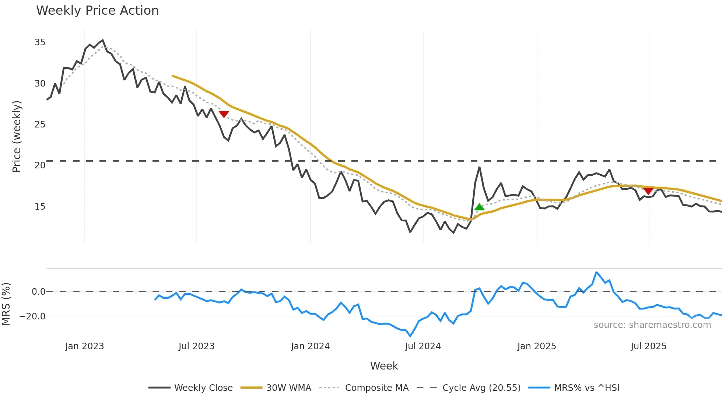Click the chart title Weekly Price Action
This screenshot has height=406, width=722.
97,11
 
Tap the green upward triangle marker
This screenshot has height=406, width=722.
479,207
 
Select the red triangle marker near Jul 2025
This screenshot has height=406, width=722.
648,191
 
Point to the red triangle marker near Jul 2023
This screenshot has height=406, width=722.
224,114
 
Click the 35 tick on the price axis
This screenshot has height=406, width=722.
40,42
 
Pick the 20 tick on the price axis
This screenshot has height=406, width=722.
40,165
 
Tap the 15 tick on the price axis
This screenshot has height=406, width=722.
40,207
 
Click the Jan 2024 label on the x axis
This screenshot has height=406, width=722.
310,346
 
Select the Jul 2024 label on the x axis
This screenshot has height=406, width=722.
423,346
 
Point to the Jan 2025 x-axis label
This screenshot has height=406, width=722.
536,346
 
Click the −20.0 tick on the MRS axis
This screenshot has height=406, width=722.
32,316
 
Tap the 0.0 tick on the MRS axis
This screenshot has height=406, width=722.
38,292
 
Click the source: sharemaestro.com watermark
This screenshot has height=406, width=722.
652,325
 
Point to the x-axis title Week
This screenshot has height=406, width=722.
384,366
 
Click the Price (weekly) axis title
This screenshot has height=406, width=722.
17,136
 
